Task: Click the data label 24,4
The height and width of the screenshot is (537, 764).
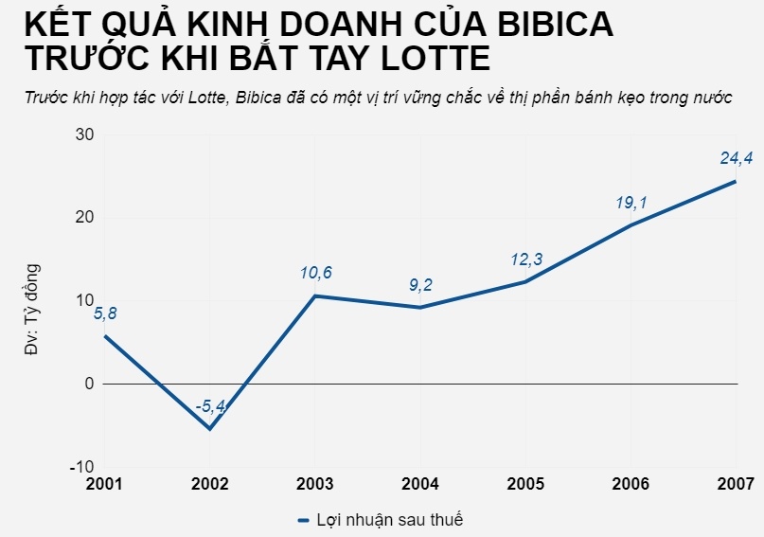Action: pos(737,158)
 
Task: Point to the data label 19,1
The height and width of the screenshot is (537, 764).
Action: pos(631,203)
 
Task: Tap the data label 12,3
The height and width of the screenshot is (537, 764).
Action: pos(525,260)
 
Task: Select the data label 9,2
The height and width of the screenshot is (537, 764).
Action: pos(420,284)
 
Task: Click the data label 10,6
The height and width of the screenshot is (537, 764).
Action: pos(315,274)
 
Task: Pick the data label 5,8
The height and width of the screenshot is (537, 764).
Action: pos(105,313)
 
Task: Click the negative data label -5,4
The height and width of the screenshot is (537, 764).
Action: pos(209,407)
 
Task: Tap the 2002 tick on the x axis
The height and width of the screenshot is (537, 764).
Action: pos(209,484)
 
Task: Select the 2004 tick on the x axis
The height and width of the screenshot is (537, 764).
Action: pos(420,484)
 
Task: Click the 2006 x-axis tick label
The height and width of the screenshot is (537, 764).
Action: pos(631,484)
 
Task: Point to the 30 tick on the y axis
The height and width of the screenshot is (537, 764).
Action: pos(84,134)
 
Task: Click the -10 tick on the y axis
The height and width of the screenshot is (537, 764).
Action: pos(81,467)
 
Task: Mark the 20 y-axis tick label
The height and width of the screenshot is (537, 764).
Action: pos(84,217)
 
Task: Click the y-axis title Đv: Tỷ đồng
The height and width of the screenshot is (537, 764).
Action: pos(31,309)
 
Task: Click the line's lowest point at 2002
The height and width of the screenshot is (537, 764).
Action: pos(210,429)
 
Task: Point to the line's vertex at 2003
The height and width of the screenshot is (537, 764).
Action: pos(315,296)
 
